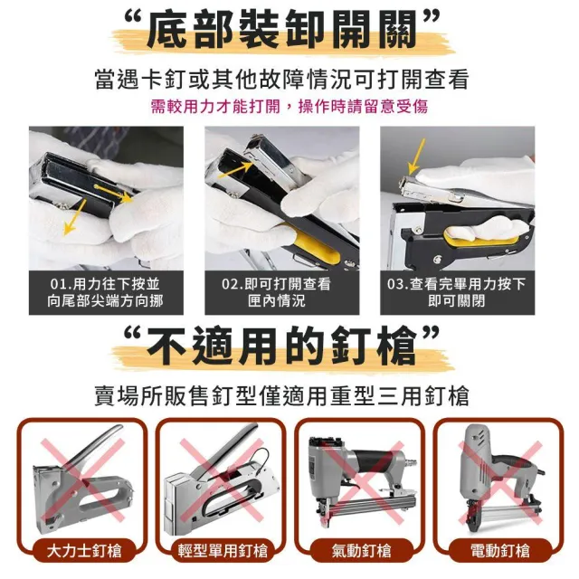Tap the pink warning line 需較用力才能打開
[215, 107]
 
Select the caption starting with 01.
[106, 292]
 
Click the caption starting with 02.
[277, 292]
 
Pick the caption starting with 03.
[456, 292]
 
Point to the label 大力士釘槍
[84, 551]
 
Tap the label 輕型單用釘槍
[223, 551]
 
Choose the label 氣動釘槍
[361, 551]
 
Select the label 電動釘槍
[500, 551]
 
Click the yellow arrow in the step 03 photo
[417, 157]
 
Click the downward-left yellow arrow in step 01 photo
[74, 217]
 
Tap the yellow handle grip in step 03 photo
[480, 236]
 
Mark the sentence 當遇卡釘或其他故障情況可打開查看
[282, 79]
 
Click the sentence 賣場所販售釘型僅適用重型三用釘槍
[282, 396]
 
